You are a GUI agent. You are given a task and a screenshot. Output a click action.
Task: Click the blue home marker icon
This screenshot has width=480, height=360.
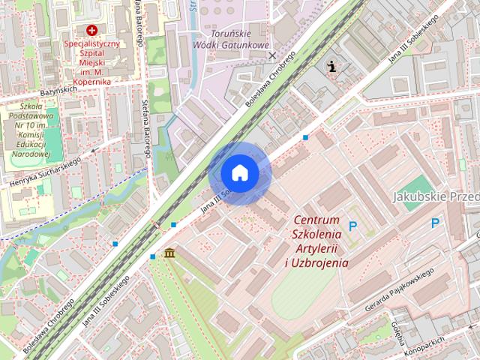pyautogui.click(x=239, y=173)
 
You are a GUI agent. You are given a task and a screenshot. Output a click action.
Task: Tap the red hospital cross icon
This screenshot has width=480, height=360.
pyautogui.click(x=92, y=31)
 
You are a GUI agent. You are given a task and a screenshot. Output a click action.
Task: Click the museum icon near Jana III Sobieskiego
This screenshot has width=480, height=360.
pyautogui.click(x=170, y=253)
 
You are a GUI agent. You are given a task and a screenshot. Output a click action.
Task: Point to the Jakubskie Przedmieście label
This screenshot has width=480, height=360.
pyautogui.click(x=436, y=196)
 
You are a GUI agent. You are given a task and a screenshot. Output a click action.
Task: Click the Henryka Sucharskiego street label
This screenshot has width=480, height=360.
pyautogui.click(x=46, y=172)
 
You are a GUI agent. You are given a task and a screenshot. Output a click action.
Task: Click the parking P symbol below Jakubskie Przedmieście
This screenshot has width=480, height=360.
pyautogui.click(x=436, y=223)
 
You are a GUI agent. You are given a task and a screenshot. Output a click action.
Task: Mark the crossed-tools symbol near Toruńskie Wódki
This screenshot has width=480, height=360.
pyautogui.click(x=272, y=55)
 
